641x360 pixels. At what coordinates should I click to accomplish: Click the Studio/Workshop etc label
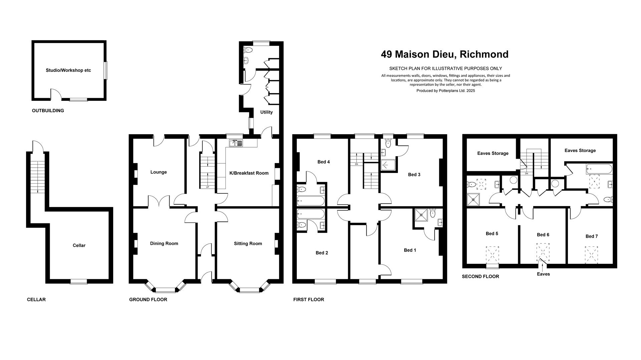[68, 70]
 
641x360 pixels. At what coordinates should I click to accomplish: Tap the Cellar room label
[79, 245]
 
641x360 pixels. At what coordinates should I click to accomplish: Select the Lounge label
[159, 172]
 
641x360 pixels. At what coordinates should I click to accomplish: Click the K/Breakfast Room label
[249, 173]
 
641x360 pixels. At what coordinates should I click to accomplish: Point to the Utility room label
[266, 112]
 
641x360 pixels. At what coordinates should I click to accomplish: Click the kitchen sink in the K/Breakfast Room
[236, 143]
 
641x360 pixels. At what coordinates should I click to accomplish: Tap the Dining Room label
[164, 243]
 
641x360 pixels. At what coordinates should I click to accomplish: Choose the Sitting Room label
[248, 243]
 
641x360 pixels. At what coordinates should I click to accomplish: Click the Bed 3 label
[414, 175]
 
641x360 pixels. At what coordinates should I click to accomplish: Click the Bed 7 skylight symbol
[591, 256]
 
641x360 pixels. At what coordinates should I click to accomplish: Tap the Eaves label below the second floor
[543, 274]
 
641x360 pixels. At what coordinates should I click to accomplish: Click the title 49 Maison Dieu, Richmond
[445, 54]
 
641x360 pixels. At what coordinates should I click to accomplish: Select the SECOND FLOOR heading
[480, 277]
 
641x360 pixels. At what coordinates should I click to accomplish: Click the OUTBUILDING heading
[48, 111]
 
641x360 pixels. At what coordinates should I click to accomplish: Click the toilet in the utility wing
[248, 50]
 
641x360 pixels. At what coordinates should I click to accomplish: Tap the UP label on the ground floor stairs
[207, 187]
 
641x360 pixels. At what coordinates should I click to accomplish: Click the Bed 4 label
[324, 162]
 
